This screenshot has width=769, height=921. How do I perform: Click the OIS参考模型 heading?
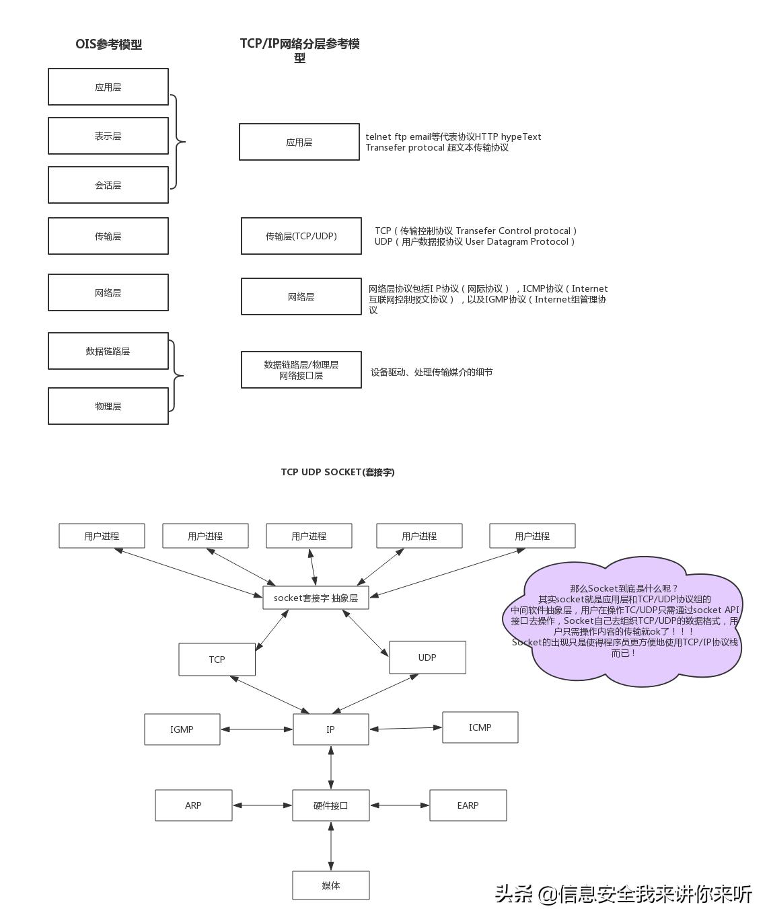[x=108, y=44]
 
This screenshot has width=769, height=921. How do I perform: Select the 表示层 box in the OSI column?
[x=108, y=136]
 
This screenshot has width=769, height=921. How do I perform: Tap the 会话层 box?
[x=108, y=185]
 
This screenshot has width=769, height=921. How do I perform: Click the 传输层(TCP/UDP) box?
[x=301, y=236]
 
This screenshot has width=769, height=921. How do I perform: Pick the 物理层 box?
[x=108, y=406]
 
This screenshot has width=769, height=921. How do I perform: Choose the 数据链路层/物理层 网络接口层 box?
[x=301, y=370]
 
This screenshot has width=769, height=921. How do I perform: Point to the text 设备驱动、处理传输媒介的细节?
[x=431, y=372]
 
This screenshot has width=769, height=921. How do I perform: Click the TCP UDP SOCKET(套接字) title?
[x=338, y=472]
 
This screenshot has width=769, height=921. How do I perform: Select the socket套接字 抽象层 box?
[x=316, y=598]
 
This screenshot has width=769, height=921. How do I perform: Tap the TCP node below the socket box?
[x=217, y=659]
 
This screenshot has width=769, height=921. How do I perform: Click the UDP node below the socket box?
[x=427, y=657]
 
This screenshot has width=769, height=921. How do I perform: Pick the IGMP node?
[x=182, y=729]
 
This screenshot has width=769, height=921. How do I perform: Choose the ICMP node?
[x=480, y=727]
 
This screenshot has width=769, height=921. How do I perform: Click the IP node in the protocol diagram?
[x=330, y=729]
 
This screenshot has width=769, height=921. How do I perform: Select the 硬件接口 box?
[x=330, y=805]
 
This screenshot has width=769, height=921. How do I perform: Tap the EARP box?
[x=468, y=805]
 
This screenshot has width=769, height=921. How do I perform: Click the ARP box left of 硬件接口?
[x=193, y=805]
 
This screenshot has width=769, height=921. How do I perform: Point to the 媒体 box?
[x=330, y=885]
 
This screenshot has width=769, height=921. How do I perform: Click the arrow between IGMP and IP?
[x=256, y=729]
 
